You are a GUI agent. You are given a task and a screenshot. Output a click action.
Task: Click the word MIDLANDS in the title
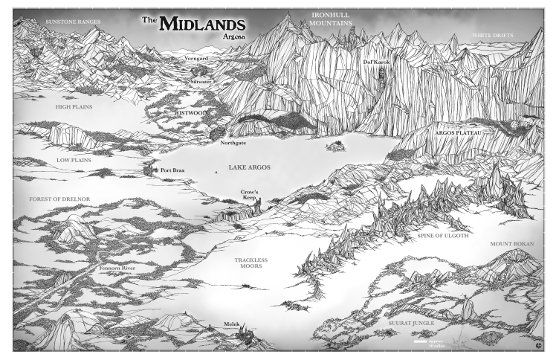(201, 22)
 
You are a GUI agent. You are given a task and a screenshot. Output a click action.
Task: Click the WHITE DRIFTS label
(494, 36)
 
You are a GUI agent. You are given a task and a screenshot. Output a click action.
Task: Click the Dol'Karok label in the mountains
(376, 62)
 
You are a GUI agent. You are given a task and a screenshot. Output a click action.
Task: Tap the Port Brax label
(176, 171)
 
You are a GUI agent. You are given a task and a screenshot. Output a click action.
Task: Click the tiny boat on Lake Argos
(216, 173)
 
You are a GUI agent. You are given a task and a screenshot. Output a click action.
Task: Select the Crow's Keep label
(249, 195)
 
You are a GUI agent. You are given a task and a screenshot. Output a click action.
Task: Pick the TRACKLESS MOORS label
(250, 263)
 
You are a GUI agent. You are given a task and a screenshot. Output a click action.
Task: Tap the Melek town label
(232, 325)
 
